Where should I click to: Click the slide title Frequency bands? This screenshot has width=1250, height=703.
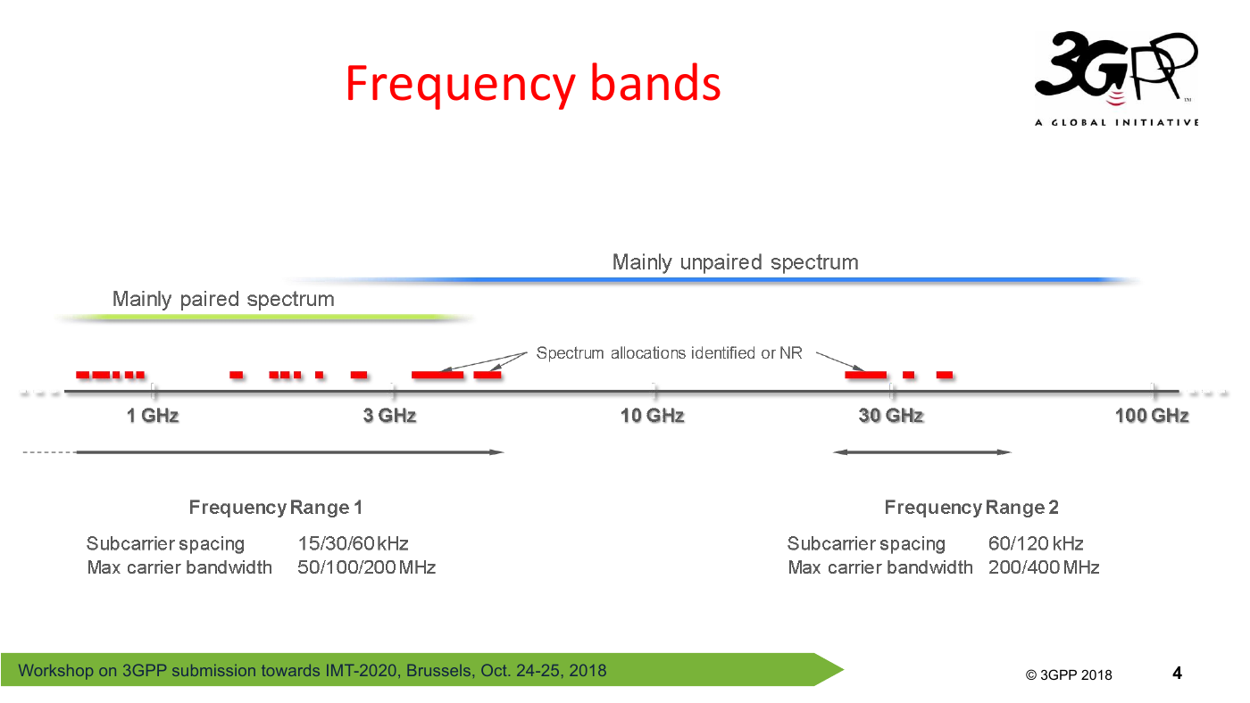[x=533, y=84]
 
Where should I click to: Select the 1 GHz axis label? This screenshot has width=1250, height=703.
[x=153, y=416]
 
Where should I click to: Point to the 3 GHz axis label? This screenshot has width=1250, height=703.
[x=389, y=416]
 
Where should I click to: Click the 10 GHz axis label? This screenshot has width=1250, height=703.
[x=653, y=416]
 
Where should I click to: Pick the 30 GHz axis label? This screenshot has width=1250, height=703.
[x=891, y=416]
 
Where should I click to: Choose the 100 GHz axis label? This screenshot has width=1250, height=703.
[x=1152, y=416]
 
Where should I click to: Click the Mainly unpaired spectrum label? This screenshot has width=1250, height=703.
[x=736, y=262]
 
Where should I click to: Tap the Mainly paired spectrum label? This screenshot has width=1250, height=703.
[x=223, y=300]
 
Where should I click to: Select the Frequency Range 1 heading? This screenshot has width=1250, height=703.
[x=276, y=508]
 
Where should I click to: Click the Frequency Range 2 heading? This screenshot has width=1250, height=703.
[x=971, y=508]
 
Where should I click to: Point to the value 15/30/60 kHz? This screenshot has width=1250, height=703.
[x=353, y=543]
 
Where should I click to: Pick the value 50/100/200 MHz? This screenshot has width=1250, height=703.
[x=366, y=567]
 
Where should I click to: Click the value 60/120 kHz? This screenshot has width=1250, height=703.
[x=1036, y=543]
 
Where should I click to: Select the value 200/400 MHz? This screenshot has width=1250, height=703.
[x=1044, y=567]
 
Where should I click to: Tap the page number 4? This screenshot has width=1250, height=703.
[x=1177, y=673]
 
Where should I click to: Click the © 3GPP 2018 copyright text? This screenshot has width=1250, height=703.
[x=1069, y=674]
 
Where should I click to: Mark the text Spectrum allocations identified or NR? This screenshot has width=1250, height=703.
[x=669, y=353]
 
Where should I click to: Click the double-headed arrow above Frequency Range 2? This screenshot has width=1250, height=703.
[x=921, y=452]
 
